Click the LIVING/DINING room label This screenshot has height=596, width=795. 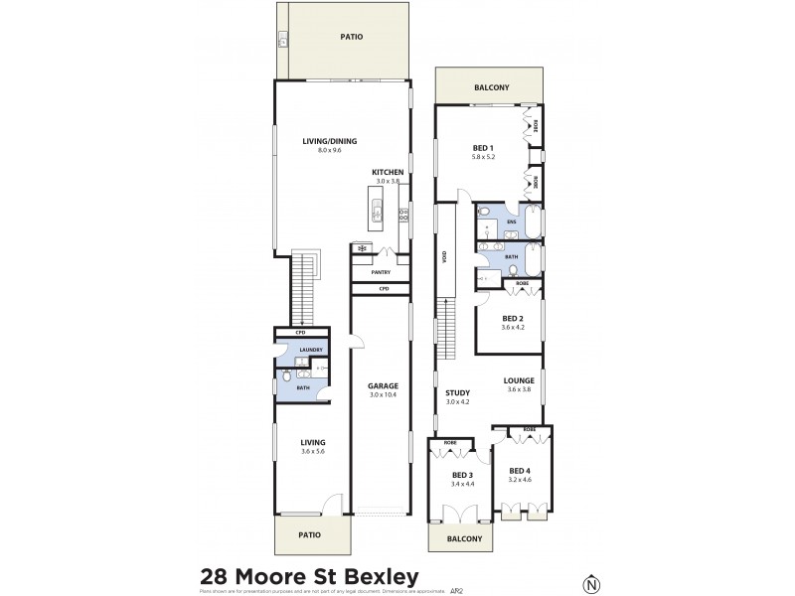coord(329,141)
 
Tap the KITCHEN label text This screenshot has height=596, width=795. coord(387,172)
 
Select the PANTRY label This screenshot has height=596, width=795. coord(381,271)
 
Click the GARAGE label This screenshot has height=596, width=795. coord(383,385)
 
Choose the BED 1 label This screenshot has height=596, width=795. coord(483,148)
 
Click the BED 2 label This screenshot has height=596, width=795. coord(512,318)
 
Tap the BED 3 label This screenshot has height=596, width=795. coord(462,474)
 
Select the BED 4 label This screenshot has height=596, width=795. coord(520,470)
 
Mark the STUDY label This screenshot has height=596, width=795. coord(457,392)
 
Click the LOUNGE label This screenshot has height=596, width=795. coord(520,379)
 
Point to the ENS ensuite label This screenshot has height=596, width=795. coord(511,222)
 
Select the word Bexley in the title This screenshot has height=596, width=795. coord(376,576)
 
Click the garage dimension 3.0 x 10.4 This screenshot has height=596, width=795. coord(383,395)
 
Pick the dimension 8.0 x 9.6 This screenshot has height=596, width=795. coord(329,150)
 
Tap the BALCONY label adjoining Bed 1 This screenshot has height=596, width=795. coord(491,87)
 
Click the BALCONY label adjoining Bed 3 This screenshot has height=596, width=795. coord(463,538)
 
